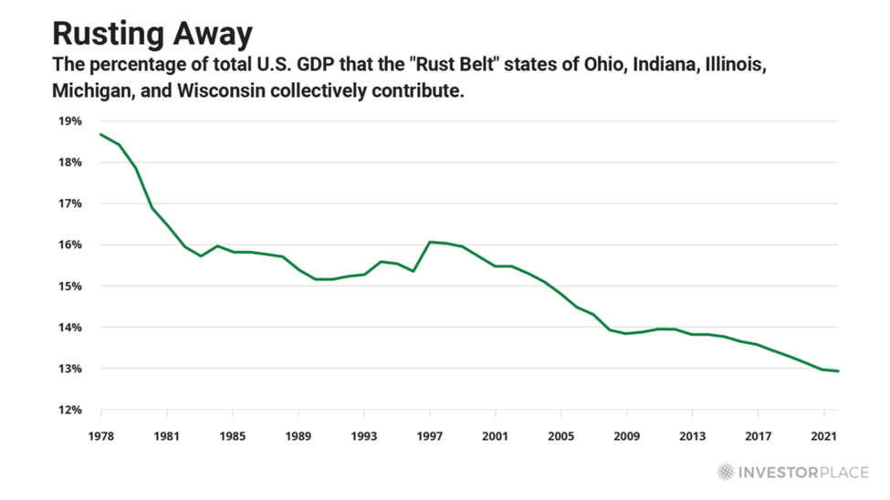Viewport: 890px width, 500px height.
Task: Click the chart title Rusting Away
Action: click(152, 33)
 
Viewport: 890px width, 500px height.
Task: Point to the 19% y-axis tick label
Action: click(70, 121)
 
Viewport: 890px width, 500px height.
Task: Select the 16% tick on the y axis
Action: click(70, 245)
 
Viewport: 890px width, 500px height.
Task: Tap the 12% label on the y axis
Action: click(70, 411)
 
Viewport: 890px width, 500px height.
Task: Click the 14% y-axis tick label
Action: click(70, 328)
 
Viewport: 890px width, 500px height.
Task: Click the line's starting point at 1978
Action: click(99, 134)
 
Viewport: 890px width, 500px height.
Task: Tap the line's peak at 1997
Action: click(429, 242)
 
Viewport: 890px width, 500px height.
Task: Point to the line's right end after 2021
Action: click(838, 371)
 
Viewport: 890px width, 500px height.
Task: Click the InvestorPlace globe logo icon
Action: click(725, 472)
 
